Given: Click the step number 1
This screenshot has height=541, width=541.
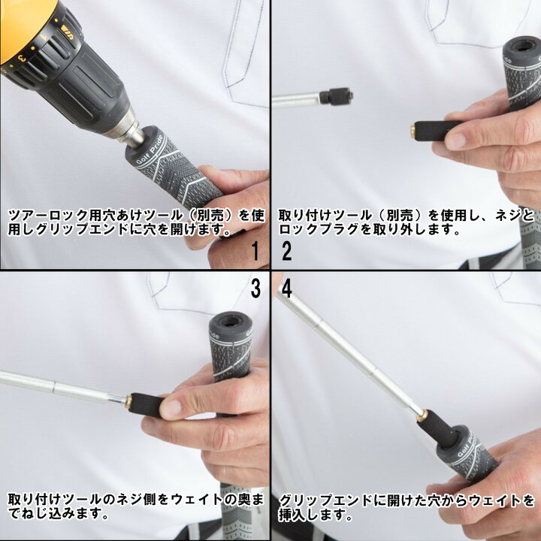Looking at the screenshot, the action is click(x=255, y=251).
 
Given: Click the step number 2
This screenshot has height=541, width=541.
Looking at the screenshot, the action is click(x=287, y=251).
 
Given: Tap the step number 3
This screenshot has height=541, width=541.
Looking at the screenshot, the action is click(x=255, y=289).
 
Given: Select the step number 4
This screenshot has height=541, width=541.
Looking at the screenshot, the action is click(x=287, y=289).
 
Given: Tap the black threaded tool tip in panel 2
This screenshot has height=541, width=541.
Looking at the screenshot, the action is click(x=336, y=96).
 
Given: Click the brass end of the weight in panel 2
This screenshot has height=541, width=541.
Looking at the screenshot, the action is click(x=413, y=130).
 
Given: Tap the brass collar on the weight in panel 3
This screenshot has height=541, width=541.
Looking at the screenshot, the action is click(x=128, y=401).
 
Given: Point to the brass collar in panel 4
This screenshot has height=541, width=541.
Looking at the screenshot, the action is click(x=422, y=416).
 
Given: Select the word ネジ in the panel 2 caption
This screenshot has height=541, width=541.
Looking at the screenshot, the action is click(x=507, y=215).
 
